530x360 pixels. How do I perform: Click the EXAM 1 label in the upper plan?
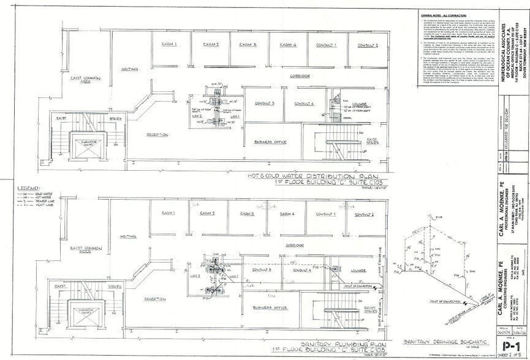click(x=169, y=44)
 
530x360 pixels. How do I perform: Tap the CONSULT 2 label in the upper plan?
click(x=364, y=45)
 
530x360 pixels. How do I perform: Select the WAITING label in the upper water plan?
click(x=129, y=69)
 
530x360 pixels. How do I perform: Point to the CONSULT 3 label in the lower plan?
click(x=262, y=269)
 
